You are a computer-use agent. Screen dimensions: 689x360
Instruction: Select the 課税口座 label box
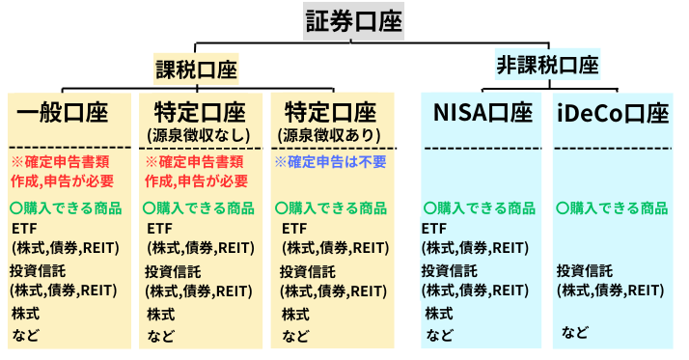[x=196, y=70]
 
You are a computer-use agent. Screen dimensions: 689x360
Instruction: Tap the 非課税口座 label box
[x=547, y=66]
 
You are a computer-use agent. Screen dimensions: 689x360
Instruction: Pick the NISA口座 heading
[x=482, y=114]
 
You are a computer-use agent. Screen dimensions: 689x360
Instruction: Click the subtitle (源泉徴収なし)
[x=199, y=134]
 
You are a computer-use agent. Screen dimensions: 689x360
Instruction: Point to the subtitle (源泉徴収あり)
[x=333, y=134]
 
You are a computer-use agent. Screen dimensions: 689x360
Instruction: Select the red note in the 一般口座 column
[x=62, y=171]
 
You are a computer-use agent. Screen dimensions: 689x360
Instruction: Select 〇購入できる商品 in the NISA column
[x=480, y=208]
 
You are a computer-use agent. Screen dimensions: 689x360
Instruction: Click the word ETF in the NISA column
[x=435, y=229]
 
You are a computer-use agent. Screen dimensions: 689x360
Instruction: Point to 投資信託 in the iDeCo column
[x=583, y=270]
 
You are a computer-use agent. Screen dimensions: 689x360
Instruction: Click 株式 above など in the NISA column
[x=440, y=314]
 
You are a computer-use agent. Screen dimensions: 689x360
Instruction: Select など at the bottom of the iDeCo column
[x=575, y=333]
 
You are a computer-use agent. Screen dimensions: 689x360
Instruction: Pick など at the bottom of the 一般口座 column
[x=25, y=336]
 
